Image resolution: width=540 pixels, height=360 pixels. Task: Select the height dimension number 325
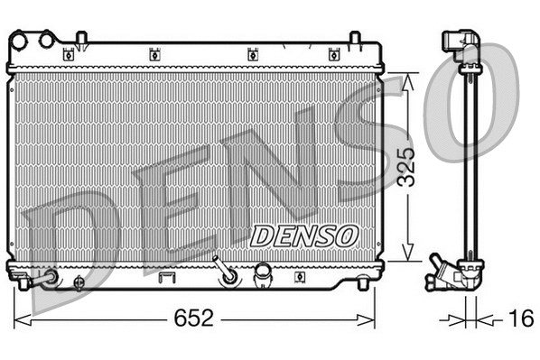coord(409,165)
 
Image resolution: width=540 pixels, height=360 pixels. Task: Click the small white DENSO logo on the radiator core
coord(303,235)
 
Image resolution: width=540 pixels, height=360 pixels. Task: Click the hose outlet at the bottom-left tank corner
coord(42,279)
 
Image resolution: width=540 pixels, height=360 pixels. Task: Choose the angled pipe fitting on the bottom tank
coord(222,272)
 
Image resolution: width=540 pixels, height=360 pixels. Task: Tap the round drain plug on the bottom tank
coord(79,282)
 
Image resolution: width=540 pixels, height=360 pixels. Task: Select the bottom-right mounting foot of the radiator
coord(363,284)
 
